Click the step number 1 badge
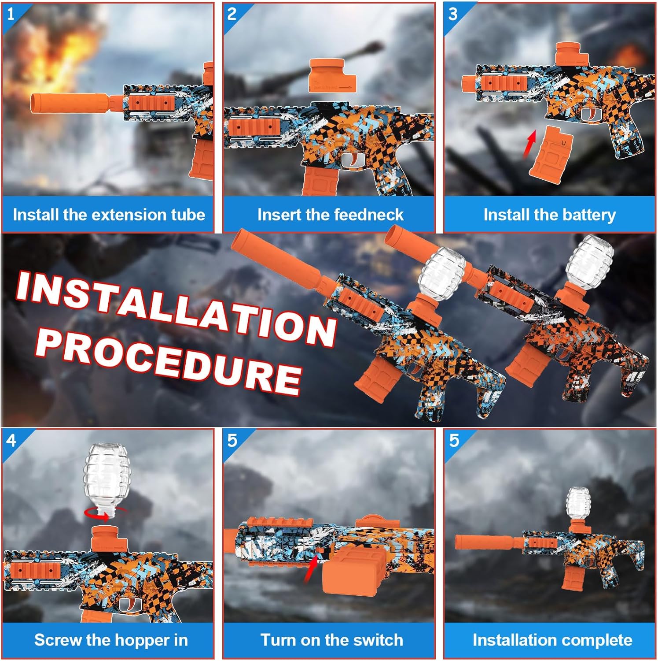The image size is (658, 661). pyautogui.click(x=11, y=14)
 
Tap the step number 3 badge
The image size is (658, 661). pyautogui.click(x=453, y=14)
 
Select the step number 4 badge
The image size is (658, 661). pyautogui.click(x=11, y=440)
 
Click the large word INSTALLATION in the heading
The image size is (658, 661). pyautogui.click(x=176, y=308)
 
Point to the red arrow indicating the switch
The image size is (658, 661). pyautogui.click(x=311, y=569)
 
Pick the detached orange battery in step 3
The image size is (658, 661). pyautogui.click(x=550, y=152)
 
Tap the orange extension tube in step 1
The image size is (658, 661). pyautogui.click(x=70, y=103)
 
